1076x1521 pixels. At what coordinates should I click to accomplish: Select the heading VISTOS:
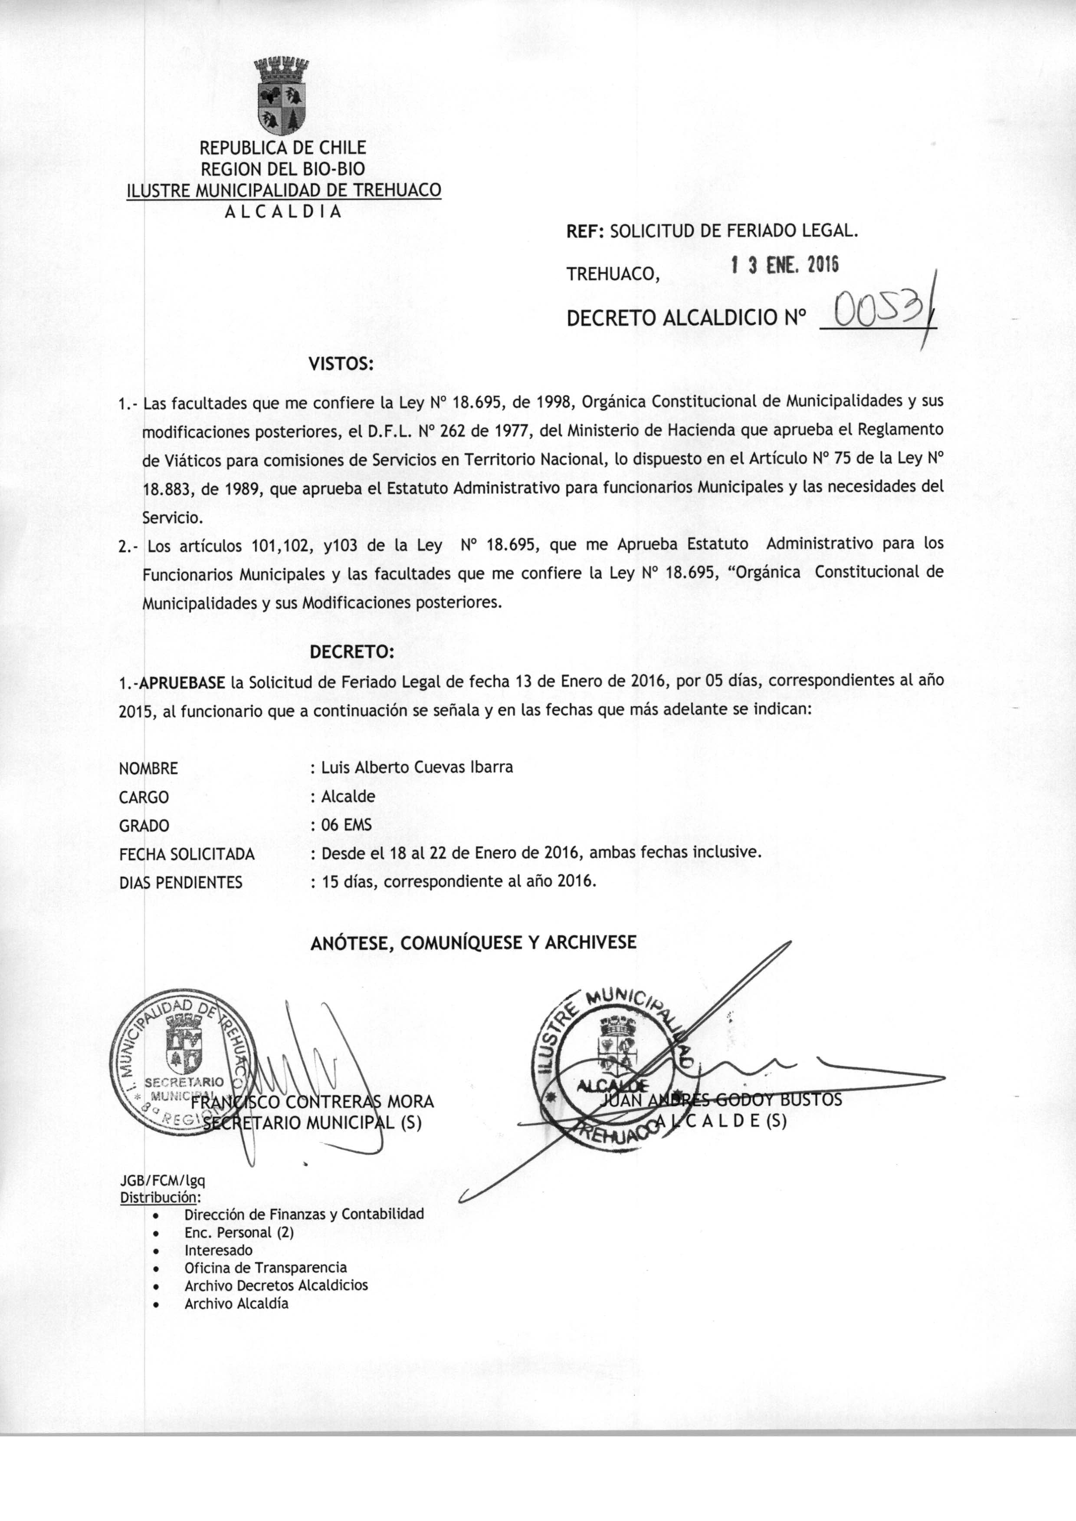pyautogui.click(x=341, y=364)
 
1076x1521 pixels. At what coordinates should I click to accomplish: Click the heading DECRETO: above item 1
pyautogui.click(x=352, y=652)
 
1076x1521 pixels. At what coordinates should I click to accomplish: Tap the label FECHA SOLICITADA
pyautogui.click(x=187, y=854)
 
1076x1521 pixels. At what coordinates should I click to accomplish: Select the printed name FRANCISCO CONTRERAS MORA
pyautogui.click(x=312, y=1102)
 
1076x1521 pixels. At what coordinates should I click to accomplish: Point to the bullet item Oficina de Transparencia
pyautogui.click(x=266, y=1267)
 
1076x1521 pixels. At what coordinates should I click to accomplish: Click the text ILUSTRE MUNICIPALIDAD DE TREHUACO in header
pyautogui.click(x=284, y=190)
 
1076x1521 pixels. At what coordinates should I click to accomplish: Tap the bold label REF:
pyautogui.click(x=584, y=231)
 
